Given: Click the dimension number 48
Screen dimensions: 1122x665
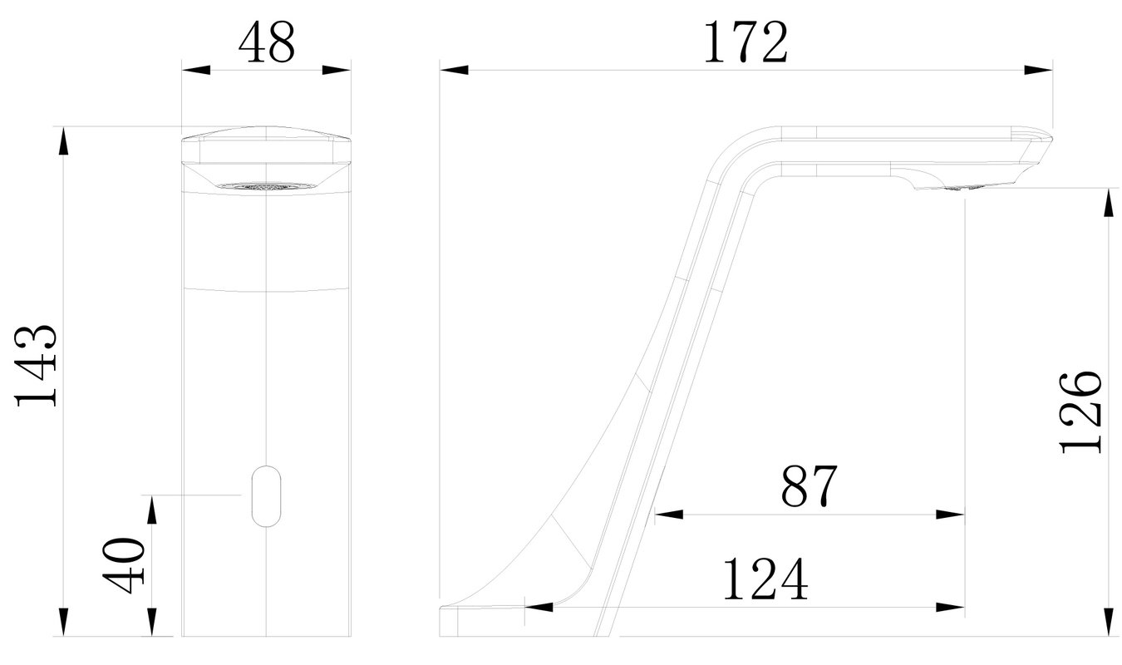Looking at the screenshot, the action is [267, 42].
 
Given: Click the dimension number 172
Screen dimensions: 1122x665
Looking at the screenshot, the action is [746, 42].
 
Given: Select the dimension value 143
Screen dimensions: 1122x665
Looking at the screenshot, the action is [36, 365].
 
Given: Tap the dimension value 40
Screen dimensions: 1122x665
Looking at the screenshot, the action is [123, 565].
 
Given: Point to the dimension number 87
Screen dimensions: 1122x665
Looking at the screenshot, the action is [809, 485].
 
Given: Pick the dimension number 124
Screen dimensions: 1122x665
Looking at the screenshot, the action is [765, 579].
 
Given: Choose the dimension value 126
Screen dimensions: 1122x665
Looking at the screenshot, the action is [1081, 412].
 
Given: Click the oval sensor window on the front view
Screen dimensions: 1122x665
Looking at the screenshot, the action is [266, 496].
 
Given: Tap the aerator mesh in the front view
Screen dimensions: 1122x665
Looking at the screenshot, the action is [266, 187].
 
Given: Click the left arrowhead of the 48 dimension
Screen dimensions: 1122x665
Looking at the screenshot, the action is [196, 70].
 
